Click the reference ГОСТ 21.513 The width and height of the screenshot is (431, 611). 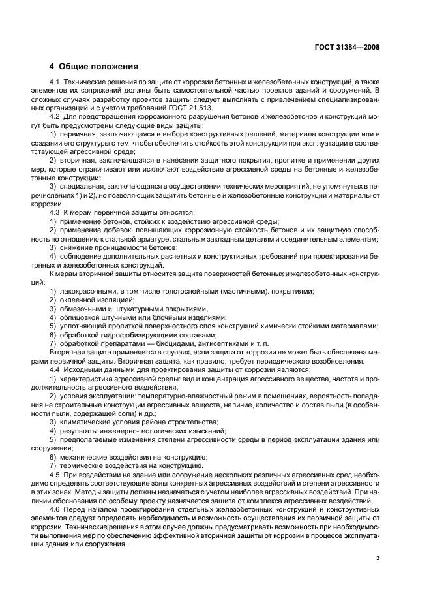[204, 107]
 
